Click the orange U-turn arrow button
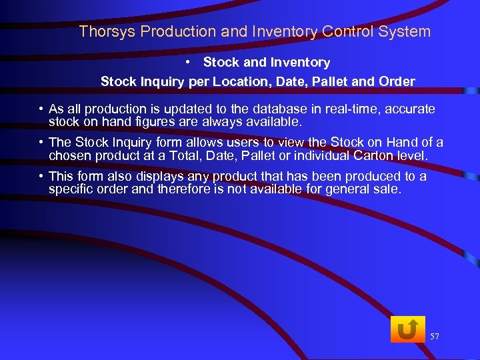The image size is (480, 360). point(407,329)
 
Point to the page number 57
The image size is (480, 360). point(435,337)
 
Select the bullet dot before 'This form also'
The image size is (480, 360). point(41,177)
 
